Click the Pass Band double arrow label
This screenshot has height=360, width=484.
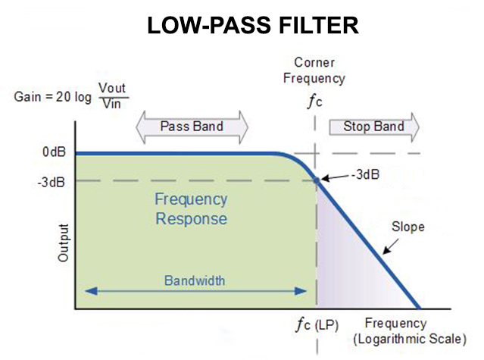192,126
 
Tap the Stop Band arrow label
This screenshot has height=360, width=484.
373,126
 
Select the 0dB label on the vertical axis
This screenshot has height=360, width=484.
55,152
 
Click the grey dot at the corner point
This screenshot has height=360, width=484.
317,180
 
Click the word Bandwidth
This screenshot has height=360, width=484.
195,280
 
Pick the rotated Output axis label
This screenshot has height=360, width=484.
64,243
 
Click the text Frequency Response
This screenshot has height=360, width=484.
191,209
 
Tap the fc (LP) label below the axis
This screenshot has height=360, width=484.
318,325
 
